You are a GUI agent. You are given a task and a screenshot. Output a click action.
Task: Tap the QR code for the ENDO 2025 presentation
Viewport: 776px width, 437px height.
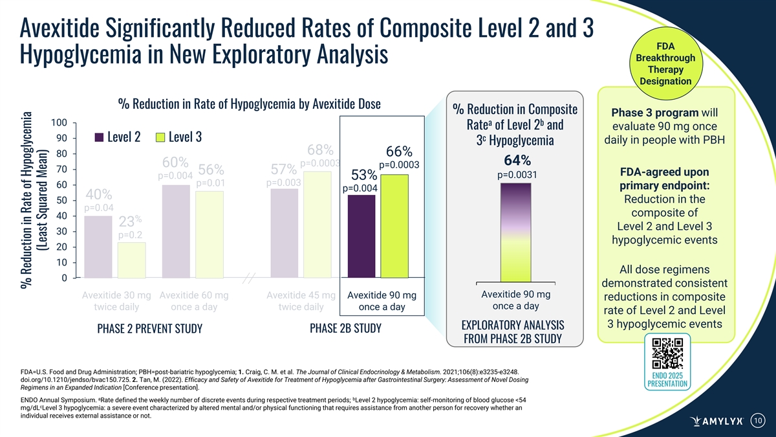point(667,353)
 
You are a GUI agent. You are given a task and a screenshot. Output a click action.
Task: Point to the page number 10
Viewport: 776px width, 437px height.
point(758,420)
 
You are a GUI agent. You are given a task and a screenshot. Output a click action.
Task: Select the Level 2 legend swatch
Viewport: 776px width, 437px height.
point(99,138)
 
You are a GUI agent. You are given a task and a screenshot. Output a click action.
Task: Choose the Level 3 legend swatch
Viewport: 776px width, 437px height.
point(160,138)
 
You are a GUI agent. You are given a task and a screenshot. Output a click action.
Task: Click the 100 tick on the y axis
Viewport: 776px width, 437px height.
point(59,123)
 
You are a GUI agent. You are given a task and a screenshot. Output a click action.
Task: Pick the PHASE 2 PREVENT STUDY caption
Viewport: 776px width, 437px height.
point(149,328)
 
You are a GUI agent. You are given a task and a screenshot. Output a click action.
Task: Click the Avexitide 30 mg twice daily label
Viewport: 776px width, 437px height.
point(116,301)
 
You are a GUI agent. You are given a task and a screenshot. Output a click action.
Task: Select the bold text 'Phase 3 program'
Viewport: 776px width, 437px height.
point(657,113)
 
